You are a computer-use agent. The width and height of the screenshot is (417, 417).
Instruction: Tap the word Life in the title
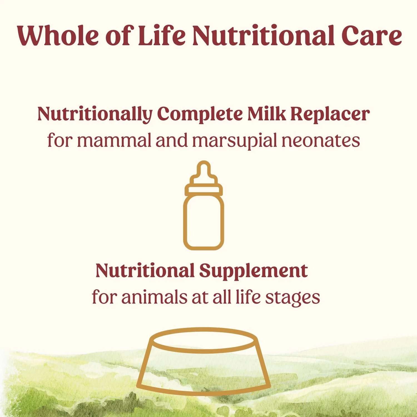coord(162,35)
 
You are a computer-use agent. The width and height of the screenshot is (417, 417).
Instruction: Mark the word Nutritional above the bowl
coord(145,270)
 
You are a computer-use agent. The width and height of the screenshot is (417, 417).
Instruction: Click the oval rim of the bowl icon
coord(204,329)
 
